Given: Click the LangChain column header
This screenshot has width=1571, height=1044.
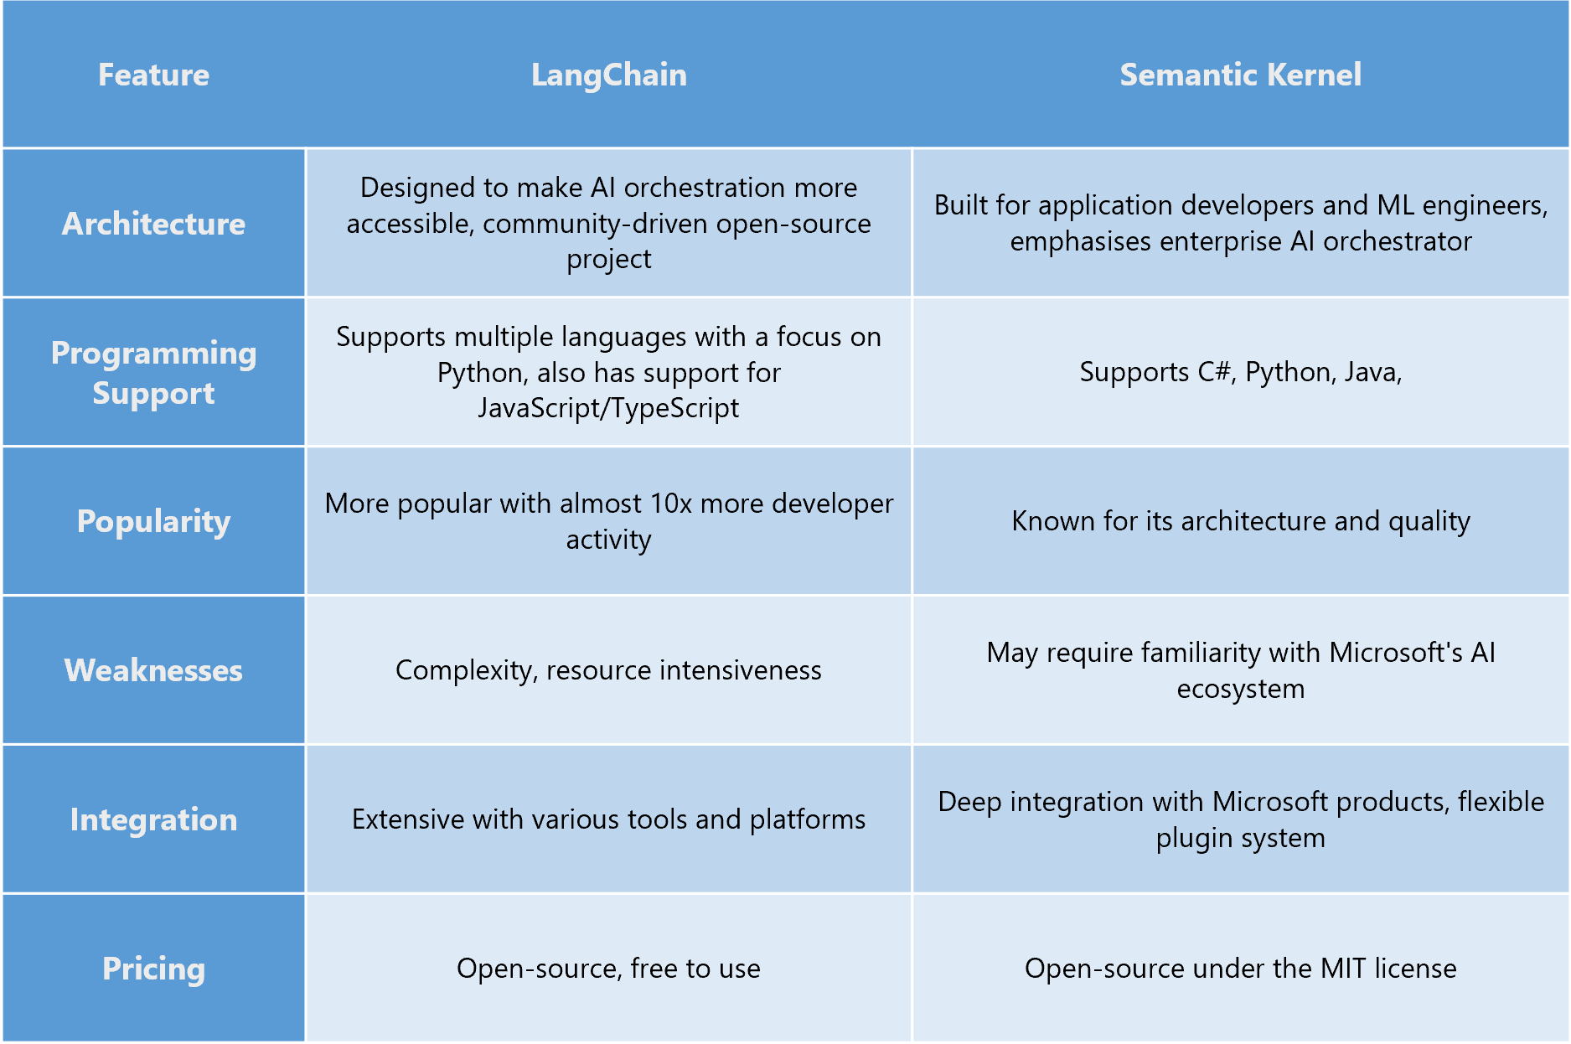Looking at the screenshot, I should pos(608,75).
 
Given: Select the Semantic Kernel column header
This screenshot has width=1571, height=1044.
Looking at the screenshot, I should pos(1240,75).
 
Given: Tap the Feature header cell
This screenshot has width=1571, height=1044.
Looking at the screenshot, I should pos(153,75).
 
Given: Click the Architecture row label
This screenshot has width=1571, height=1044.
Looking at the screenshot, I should pos(153,224).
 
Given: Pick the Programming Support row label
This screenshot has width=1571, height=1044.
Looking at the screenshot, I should pos(153,373).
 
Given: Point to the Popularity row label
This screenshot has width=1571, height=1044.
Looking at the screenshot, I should pos(153,521).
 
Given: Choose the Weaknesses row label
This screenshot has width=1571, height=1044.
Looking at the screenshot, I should pos(153,670).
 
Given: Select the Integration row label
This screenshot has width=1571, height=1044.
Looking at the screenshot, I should pos(153,819).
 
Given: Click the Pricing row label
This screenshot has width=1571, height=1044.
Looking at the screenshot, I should pos(153,969).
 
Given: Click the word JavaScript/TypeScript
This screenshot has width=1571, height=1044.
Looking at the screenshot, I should pos(608,408).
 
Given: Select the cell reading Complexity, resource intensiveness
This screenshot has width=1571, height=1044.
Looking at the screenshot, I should pos(608,670).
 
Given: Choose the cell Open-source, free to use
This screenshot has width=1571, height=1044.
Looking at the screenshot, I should pos(608,969).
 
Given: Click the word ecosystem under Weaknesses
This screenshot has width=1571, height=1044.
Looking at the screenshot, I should pos(1240,689).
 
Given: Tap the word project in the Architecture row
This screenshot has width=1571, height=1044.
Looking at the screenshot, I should pos(608,260).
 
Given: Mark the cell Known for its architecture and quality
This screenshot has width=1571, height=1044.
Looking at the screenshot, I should pos(1240,521).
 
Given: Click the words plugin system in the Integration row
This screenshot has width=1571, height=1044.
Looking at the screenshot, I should pos(1240,838).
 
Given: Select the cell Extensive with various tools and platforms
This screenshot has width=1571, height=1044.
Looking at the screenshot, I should pos(608,819).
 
